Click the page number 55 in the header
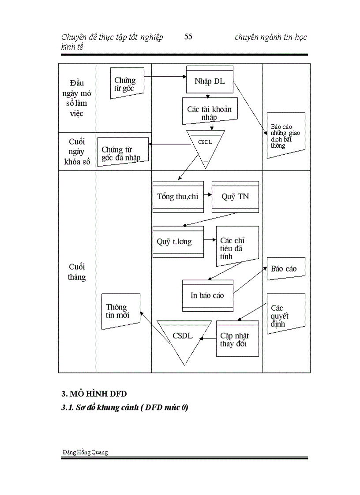188,37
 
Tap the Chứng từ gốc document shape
127,84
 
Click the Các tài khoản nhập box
210,112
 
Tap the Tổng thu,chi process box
178,197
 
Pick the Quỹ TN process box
235,197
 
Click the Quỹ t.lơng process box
178,242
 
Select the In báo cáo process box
207,295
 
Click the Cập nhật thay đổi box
237,339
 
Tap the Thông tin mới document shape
120,311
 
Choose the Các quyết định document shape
285,315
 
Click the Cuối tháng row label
77,272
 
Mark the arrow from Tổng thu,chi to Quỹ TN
207,197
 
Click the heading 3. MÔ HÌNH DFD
94,393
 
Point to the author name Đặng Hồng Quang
85,452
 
